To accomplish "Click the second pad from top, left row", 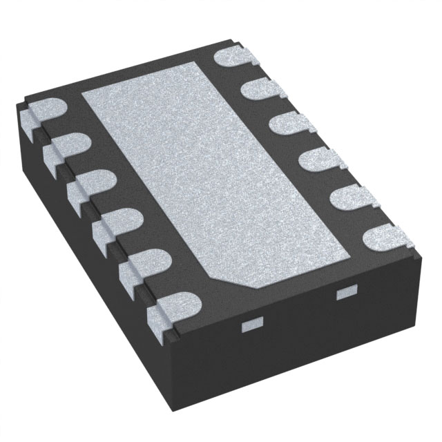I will (68, 148).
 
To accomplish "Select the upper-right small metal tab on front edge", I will (343, 294).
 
